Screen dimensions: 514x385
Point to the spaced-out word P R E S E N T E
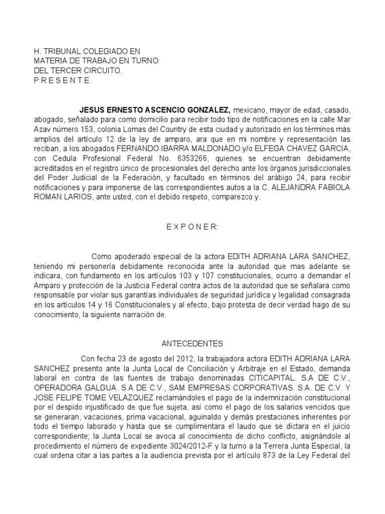pos(62,81)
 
